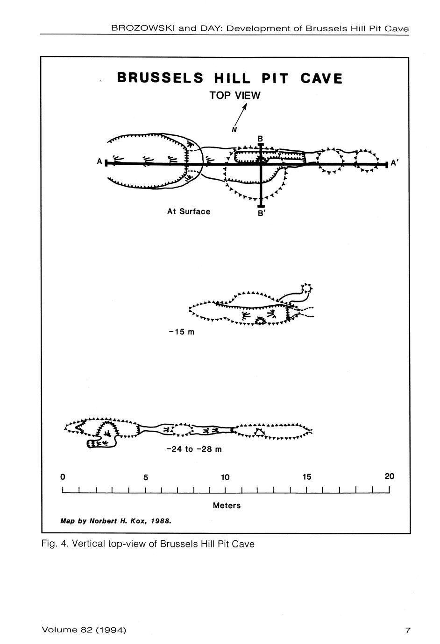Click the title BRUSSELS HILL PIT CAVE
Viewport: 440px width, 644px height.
(230, 78)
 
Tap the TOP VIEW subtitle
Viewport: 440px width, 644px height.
(235, 96)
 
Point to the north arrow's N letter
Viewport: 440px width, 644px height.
(234, 130)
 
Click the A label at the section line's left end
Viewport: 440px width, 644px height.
(99, 161)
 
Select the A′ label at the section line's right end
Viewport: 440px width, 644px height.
(394, 163)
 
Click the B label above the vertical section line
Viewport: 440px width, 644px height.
(260, 139)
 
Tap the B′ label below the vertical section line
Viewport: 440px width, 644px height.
(261, 213)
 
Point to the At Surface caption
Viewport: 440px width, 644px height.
(189, 211)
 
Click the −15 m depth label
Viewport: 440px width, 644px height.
(182, 332)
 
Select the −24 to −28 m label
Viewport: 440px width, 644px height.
(194, 449)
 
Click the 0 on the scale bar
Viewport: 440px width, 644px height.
(63, 477)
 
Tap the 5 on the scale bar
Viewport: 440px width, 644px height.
(146, 477)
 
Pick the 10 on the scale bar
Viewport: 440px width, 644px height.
(225, 477)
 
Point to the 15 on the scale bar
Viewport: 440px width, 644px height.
(307, 477)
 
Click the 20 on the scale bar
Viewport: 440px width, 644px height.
(390, 476)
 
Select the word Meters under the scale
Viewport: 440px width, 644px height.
(227, 505)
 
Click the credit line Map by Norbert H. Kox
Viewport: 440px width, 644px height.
(116, 521)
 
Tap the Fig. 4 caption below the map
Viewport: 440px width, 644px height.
(148, 544)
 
